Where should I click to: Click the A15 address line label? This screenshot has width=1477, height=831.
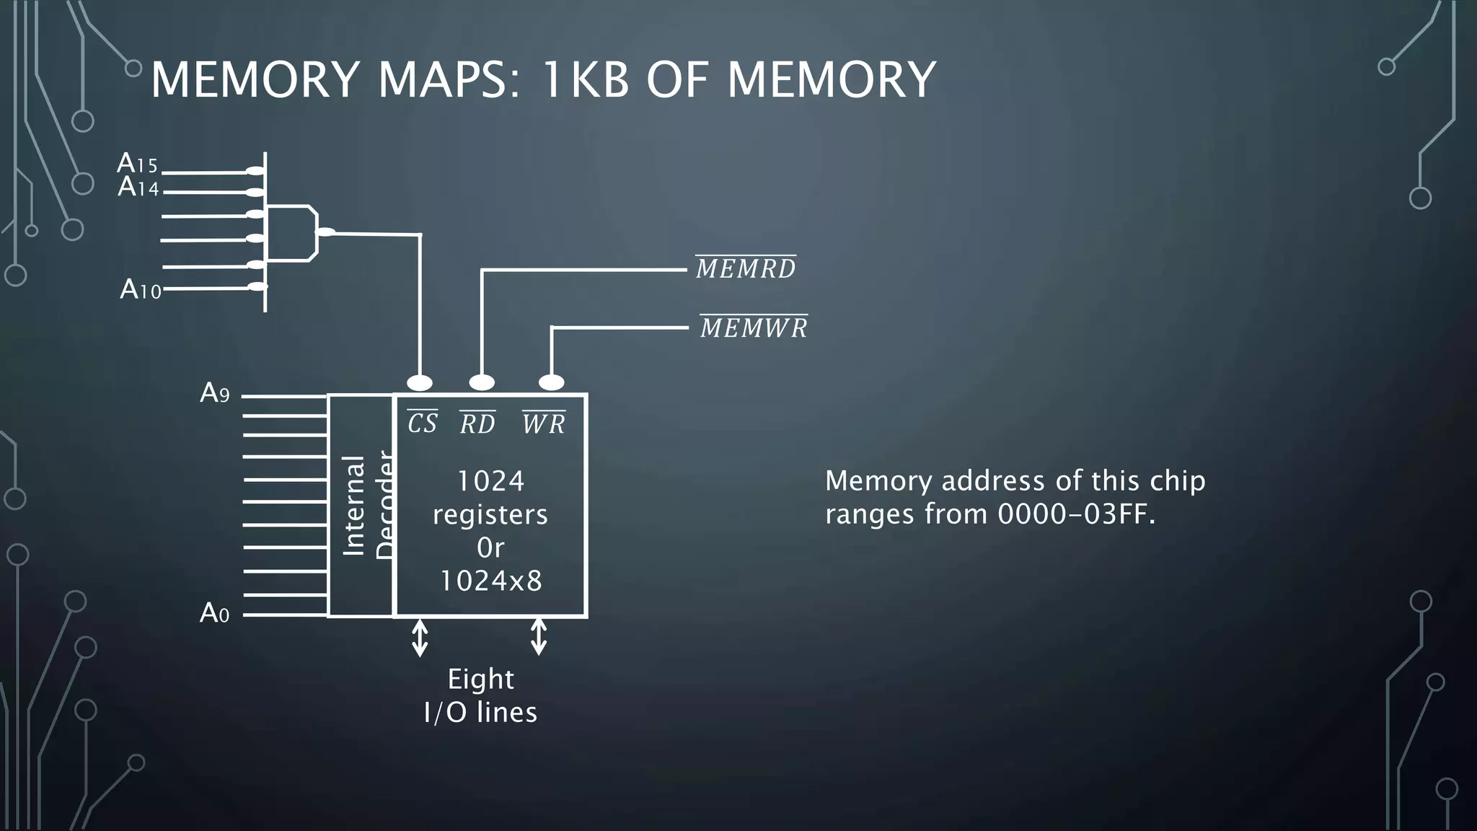tap(137, 164)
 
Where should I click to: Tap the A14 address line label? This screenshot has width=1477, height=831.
tap(138, 188)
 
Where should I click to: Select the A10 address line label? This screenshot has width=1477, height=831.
tap(140, 290)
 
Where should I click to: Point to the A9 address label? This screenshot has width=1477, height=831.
tap(214, 394)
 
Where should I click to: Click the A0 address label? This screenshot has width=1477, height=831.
tap(214, 613)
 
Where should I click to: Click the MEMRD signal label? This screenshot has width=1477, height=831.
tap(746, 268)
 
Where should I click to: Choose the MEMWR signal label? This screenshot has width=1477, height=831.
tap(754, 328)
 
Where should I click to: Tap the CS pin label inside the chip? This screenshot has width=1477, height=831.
tap(422, 423)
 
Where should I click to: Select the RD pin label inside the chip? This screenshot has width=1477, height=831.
tap(477, 424)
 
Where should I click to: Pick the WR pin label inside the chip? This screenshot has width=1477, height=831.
tap(544, 424)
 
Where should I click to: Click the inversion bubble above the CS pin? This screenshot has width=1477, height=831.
tap(420, 382)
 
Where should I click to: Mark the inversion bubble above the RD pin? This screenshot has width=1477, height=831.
tap(482, 382)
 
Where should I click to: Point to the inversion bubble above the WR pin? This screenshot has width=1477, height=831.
tap(552, 382)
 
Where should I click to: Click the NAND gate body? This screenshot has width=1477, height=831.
tap(291, 233)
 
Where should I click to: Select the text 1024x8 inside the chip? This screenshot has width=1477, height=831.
tap(490, 581)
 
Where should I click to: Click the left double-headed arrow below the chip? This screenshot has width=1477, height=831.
tap(420, 638)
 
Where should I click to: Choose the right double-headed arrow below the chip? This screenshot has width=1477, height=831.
tap(538, 637)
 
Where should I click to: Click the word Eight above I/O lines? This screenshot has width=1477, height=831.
tap(480, 680)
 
